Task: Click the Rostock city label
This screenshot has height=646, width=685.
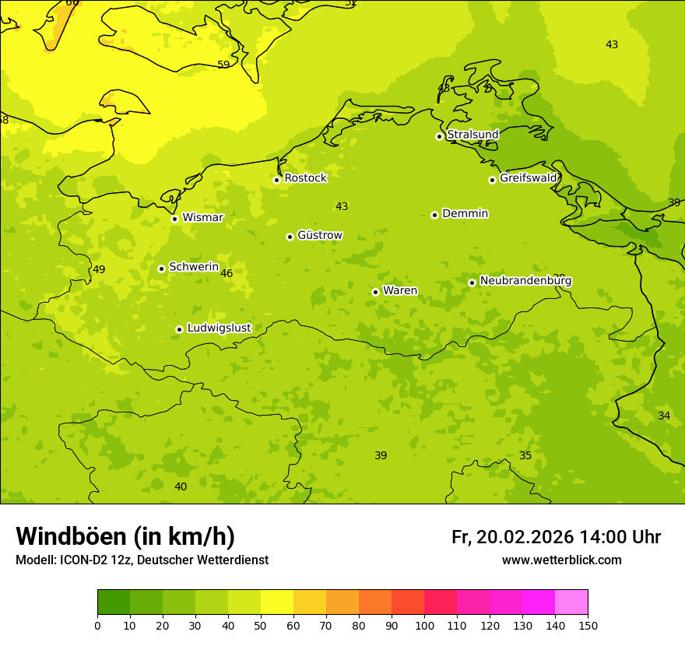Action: [x=305, y=178]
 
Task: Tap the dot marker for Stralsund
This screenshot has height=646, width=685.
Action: [x=439, y=136]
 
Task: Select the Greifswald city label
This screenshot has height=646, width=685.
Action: [x=528, y=178]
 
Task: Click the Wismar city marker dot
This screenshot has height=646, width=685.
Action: [x=174, y=219]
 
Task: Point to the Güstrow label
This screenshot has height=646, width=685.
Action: [x=319, y=236]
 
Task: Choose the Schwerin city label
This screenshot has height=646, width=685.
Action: [x=194, y=267]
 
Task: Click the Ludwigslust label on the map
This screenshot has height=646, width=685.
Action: [x=219, y=328]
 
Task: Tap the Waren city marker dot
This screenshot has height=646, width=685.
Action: [x=375, y=292]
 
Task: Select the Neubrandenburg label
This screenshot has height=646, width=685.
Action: [x=525, y=281]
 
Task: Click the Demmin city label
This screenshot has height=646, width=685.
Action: [x=465, y=214]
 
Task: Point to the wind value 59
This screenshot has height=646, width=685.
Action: [x=223, y=65]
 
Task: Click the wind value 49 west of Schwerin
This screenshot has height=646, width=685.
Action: [x=99, y=270]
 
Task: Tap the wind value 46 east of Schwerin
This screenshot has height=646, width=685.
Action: [x=227, y=273]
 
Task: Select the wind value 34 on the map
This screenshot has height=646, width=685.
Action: [x=664, y=416]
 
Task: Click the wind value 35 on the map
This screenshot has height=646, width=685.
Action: [x=525, y=455]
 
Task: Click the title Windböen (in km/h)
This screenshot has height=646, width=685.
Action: [x=125, y=536]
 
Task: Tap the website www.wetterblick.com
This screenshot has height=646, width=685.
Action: [x=561, y=560]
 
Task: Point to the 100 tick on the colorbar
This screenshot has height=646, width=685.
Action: [x=424, y=625]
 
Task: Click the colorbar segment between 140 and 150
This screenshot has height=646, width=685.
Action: [x=571, y=602]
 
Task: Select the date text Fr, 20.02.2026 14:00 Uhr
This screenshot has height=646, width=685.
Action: [x=556, y=537]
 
